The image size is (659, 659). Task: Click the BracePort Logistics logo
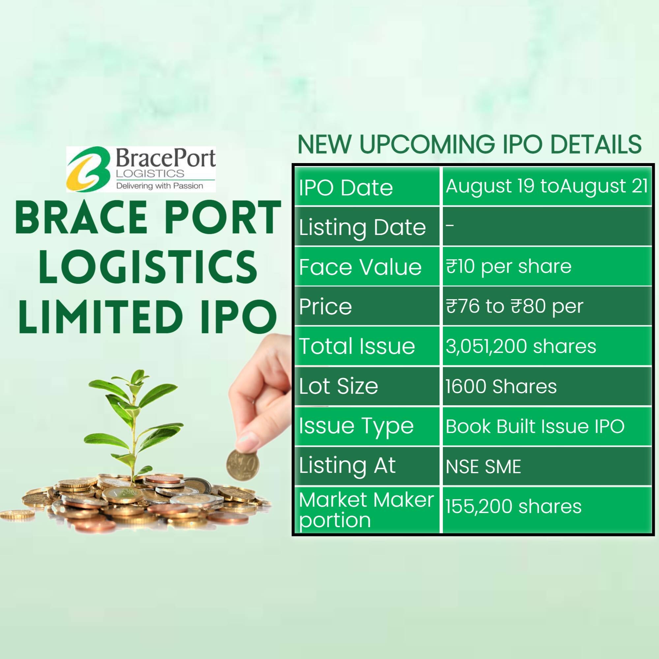pos(141,169)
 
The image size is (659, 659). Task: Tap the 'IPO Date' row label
pos(346,187)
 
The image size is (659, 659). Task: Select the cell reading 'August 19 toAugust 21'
pos(546,186)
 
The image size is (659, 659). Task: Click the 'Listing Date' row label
pos(362,227)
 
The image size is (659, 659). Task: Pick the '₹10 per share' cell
pos(508,266)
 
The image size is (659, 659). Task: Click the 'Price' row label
pos(326,306)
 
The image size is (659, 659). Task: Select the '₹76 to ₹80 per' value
pos(514,306)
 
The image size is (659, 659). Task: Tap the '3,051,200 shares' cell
pos(521,346)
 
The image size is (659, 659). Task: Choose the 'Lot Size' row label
pos(338,386)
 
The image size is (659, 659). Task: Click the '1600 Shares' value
pos(501,386)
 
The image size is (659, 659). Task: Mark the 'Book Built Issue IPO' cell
pos(535,426)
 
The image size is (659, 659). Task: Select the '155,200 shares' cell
pos(513,506)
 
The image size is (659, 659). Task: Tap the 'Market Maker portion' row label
pos(366,510)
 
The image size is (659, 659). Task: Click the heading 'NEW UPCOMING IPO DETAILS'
pos(469,144)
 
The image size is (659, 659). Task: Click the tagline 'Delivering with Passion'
pos(159,186)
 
